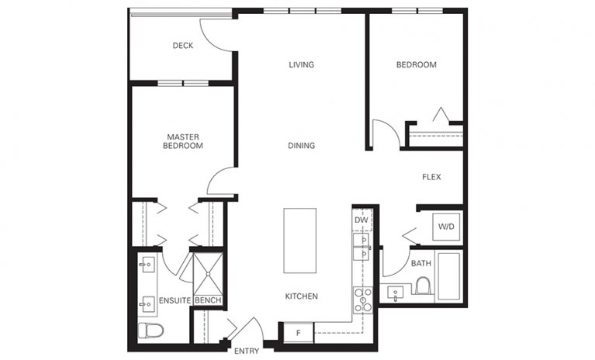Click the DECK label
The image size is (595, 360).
click(x=182, y=46)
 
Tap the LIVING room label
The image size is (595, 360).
click(x=301, y=64)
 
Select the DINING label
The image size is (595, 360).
click(x=301, y=145)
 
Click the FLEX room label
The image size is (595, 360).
click(x=431, y=177)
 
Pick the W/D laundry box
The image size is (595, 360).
click(x=445, y=227)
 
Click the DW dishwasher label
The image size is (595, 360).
click(x=361, y=220)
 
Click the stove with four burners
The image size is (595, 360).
click(x=361, y=299)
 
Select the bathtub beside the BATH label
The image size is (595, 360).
click(x=449, y=275)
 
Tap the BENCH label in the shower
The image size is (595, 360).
click(x=207, y=300)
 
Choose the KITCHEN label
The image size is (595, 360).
click(x=301, y=296)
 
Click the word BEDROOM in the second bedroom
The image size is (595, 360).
click(x=416, y=64)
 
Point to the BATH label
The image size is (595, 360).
click(x=421, y=263)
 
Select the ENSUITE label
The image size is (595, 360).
click(x=175, y=300)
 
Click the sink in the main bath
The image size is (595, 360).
click(x=396, y=294)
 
